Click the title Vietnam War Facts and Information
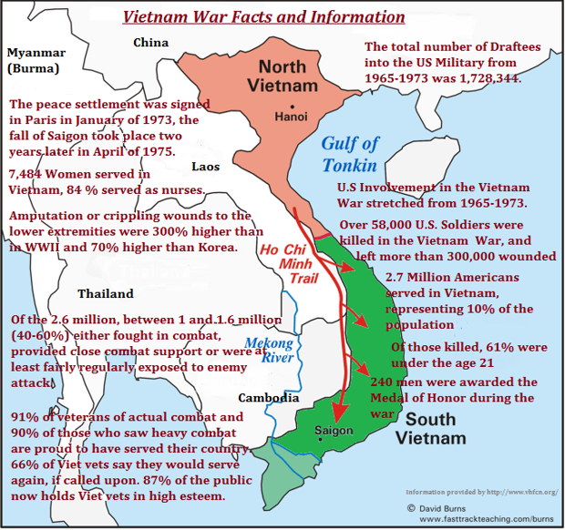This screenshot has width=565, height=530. coord(263,16)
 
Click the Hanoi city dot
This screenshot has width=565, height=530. coord(283,117)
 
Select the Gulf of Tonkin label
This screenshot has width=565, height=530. coord(350,154)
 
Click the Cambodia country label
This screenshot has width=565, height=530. coord(269,399)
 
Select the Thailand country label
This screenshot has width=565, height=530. coord(106,294)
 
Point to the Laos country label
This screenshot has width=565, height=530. coord(206,166)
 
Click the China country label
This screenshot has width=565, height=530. coord(151,43)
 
